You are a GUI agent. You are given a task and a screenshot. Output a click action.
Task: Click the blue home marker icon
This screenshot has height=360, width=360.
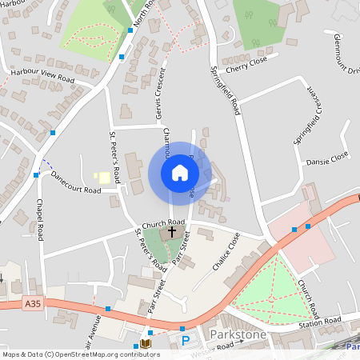pos(180,173)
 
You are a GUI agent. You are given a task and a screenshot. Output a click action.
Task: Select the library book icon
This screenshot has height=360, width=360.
pos(146,343)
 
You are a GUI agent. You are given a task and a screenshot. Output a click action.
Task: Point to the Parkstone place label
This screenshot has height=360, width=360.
pos(237,333)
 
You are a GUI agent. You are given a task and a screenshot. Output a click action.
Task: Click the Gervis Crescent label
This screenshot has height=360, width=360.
pos(158,95)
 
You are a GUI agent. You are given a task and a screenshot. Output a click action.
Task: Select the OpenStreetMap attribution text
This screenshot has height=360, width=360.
pos(81,354)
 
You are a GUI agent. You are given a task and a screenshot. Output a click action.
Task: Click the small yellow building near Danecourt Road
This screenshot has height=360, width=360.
pos(102,177)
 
